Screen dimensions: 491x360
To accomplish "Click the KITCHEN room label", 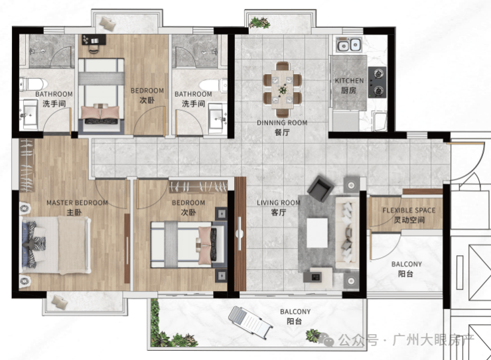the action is tap(349, 81).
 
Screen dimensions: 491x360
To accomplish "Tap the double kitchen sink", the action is tap(349, 44).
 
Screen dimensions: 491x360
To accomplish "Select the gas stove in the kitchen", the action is tap(378, 82).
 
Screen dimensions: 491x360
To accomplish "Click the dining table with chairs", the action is tap(283, 90).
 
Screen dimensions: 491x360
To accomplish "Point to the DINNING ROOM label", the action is tap(282, 123).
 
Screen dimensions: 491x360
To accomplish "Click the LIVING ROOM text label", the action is tap(279, 203).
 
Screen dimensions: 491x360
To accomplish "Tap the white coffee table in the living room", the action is tap(317, 233).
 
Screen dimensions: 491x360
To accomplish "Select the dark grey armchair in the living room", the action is tap(320, 189).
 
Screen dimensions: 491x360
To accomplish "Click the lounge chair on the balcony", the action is tap(250, 321).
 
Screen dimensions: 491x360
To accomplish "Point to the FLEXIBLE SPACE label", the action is tap(409, 210).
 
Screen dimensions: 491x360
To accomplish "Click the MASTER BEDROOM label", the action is tap(77, 203).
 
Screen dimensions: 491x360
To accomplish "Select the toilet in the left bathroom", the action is tap(33, 84).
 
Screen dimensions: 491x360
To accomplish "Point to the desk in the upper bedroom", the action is tap(94, 40).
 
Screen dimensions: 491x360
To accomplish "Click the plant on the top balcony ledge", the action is tap(259, 23).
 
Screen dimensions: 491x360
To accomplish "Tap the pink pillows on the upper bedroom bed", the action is tap(100, 113).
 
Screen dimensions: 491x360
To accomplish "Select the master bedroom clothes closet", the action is tap(27, 165).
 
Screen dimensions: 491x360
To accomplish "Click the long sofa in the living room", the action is tap(347, 233).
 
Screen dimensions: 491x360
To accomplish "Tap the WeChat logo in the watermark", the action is tap(326, 339).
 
